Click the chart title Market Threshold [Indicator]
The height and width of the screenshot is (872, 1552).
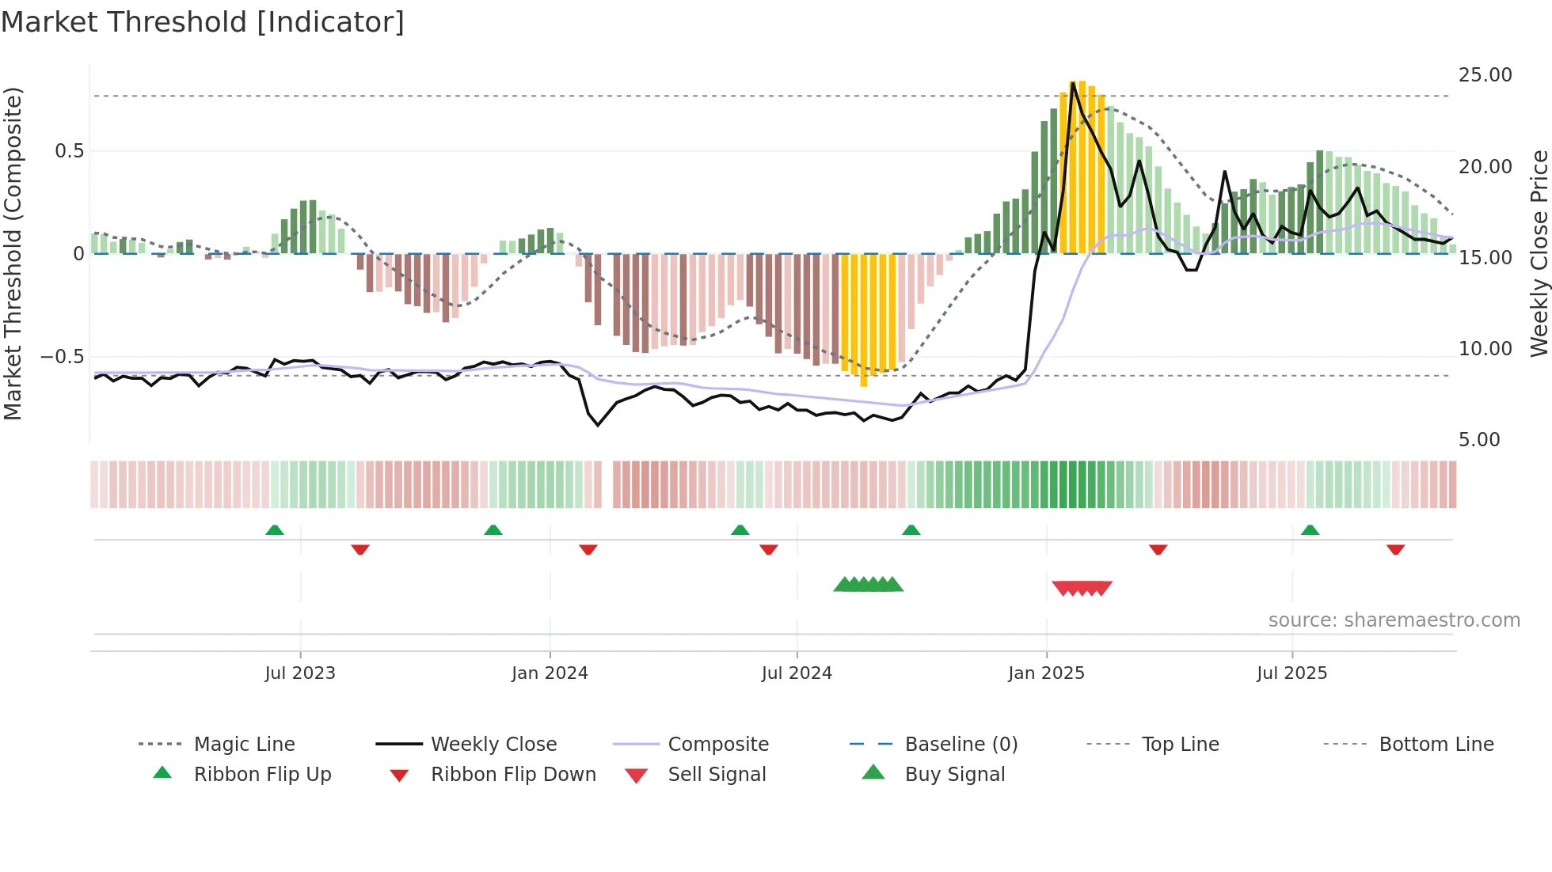(x=203, y=22)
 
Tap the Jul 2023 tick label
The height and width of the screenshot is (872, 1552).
(x=300, y=673)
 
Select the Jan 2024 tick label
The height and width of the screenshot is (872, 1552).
(x=550, y=673)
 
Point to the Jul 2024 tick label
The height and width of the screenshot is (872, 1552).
(x=797, y=673)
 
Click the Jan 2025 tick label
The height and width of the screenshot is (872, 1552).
(x=1046, y=673)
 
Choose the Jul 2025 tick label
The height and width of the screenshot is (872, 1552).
(x=1291, y=673)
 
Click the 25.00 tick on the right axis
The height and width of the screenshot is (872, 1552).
(x=1485, y=75)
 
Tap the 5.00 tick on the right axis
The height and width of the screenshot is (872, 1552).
(x=1479, y=440)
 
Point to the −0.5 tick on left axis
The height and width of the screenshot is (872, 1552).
(x=62, y=357)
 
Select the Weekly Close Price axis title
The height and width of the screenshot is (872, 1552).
(x=1539, y=253)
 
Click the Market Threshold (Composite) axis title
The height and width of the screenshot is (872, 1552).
(x=13, y=253)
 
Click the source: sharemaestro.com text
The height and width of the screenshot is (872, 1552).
(x=1394, y=620)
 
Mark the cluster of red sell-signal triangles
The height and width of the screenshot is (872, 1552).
(x=1082, y=588)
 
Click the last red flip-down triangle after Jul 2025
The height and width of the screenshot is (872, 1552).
(x=1395, y=549)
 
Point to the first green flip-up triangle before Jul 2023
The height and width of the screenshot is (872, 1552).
(x=275, y=530)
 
